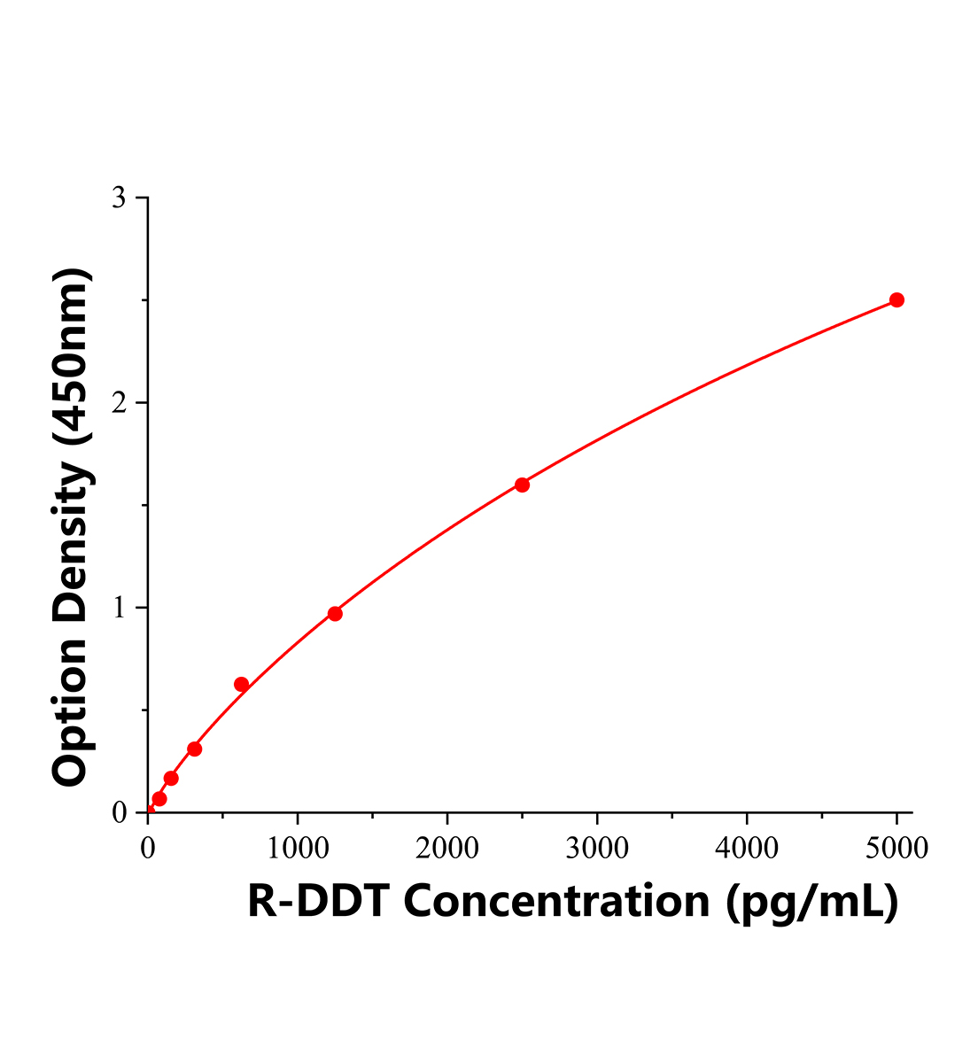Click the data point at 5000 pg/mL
pos(896,300)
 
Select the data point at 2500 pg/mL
pos(522,485)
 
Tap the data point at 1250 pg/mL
pos(335,614)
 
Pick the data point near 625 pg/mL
pos(241,685)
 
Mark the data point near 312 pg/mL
pos(195,749)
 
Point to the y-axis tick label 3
pos(118,198)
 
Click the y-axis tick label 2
pos(118,403)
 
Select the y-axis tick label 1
pos(118,609)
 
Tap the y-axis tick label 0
pos(120,813)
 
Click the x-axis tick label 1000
pos(298,849)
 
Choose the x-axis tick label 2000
pos(447,849)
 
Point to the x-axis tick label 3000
pos(597,849)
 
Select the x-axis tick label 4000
pos(747,849)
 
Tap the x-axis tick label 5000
pos(896,849)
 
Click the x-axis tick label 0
pos(148,849)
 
